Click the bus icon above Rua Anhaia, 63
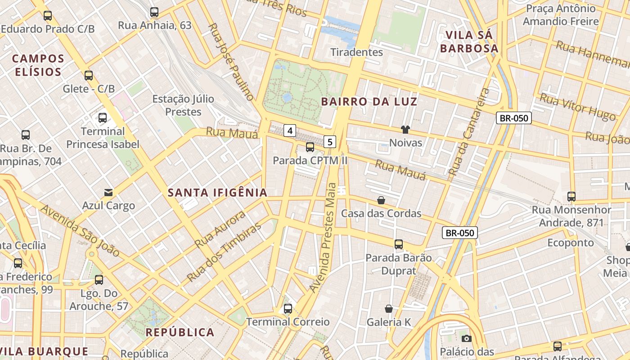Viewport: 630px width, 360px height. (x=154, y=12)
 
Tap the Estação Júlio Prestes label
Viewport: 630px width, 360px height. (x=183, y=105)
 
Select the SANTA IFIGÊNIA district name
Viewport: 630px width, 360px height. (x=217, y=193)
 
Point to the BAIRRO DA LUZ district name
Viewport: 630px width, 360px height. (x=369, y=102)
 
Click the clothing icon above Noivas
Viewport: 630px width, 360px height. (x=405, y=130)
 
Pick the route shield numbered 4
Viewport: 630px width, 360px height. (x=290, y=131)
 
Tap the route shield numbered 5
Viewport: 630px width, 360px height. (x=330, y=142)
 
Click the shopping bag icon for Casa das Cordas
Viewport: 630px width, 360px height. (x=381, y=200)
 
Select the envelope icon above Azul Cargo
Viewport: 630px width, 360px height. (x=108, y=192)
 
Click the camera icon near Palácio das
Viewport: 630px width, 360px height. (x=466, y=338)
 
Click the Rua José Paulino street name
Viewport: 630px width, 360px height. (x=231, y=61)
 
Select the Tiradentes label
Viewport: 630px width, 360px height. (x=356, y=52)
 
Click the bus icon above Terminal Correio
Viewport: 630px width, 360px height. (x=288, y=309)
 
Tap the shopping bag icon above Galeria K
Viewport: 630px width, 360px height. (x=389, y=309)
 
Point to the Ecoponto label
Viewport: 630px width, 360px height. (x=570, y=243)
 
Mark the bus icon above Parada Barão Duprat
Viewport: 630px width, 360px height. (x=399, y=244)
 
